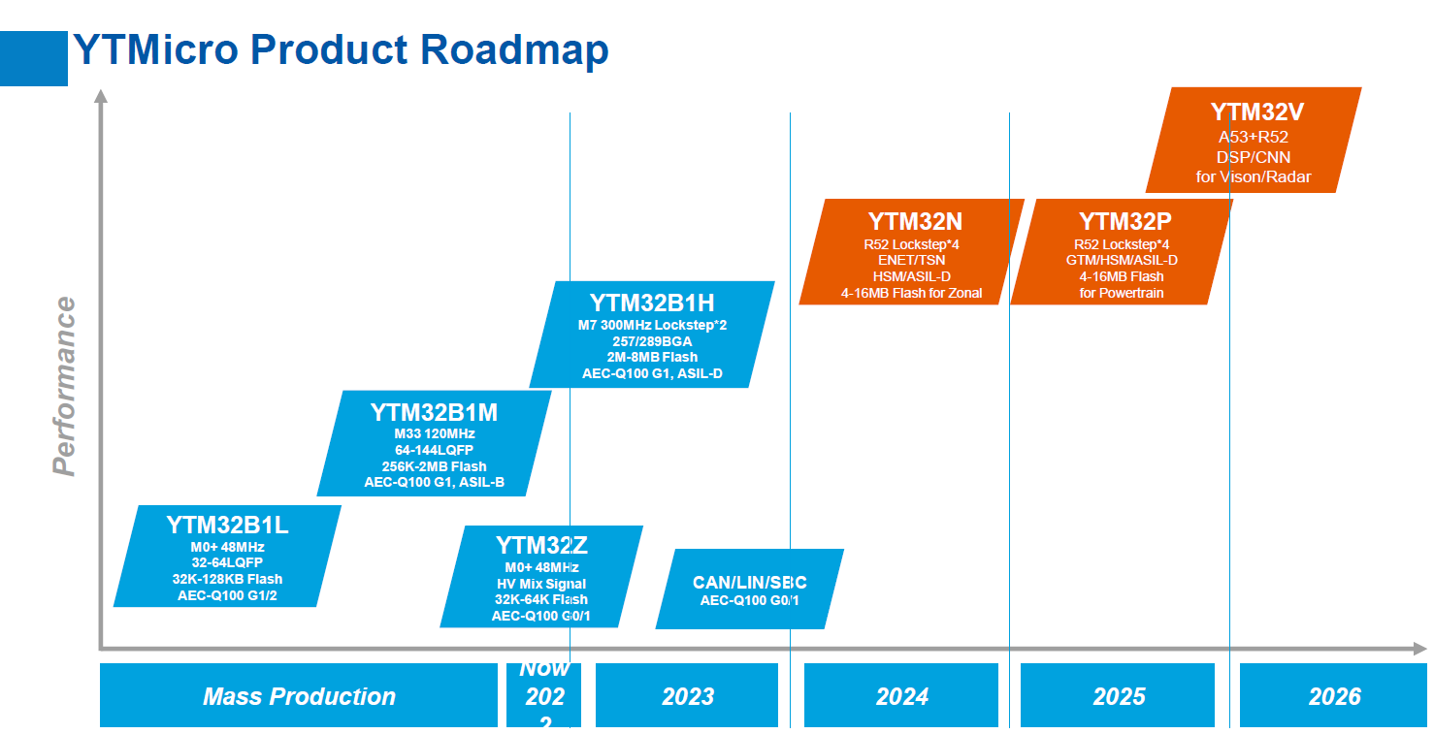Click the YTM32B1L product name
pyautogui.click(x=227, y=525)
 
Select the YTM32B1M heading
pyautogui.click(x=434, y=413)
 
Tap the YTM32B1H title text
pyautogui.click(x=652, y=303)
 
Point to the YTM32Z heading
pyautogui.click(x=541, y=545)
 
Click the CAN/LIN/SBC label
pyautogui.click(x=750, y=583)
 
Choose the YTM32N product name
pyautogui.click(x=915, y=221)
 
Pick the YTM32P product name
pyautogui.click(x=1124, y=221)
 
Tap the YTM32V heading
pyautogui.click(x=1257, y=112)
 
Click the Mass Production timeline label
pyautogui.click(x=299, y=696)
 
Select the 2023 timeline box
pyautogui.click(x=687, y=695)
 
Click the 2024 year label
pyautogui.click(x=902, y=696)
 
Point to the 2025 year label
pyautogui.click(x=1119, y=696)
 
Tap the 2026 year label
pyautogui.click(x=1334, y=696)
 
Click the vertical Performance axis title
pyautogui.click(x=64, y=386)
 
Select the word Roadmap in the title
pyautogui.click(x=514, y=49)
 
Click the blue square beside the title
pyautogui.click(x=33, y=58)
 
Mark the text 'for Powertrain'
pyautogui.click(x=1121, y=293)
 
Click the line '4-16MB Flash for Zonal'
pyautogui.click(x=911, y=293)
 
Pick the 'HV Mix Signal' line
pyautogui.click(x=541, y=584)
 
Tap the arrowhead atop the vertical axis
pyautogui.click(x=101, y=96)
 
